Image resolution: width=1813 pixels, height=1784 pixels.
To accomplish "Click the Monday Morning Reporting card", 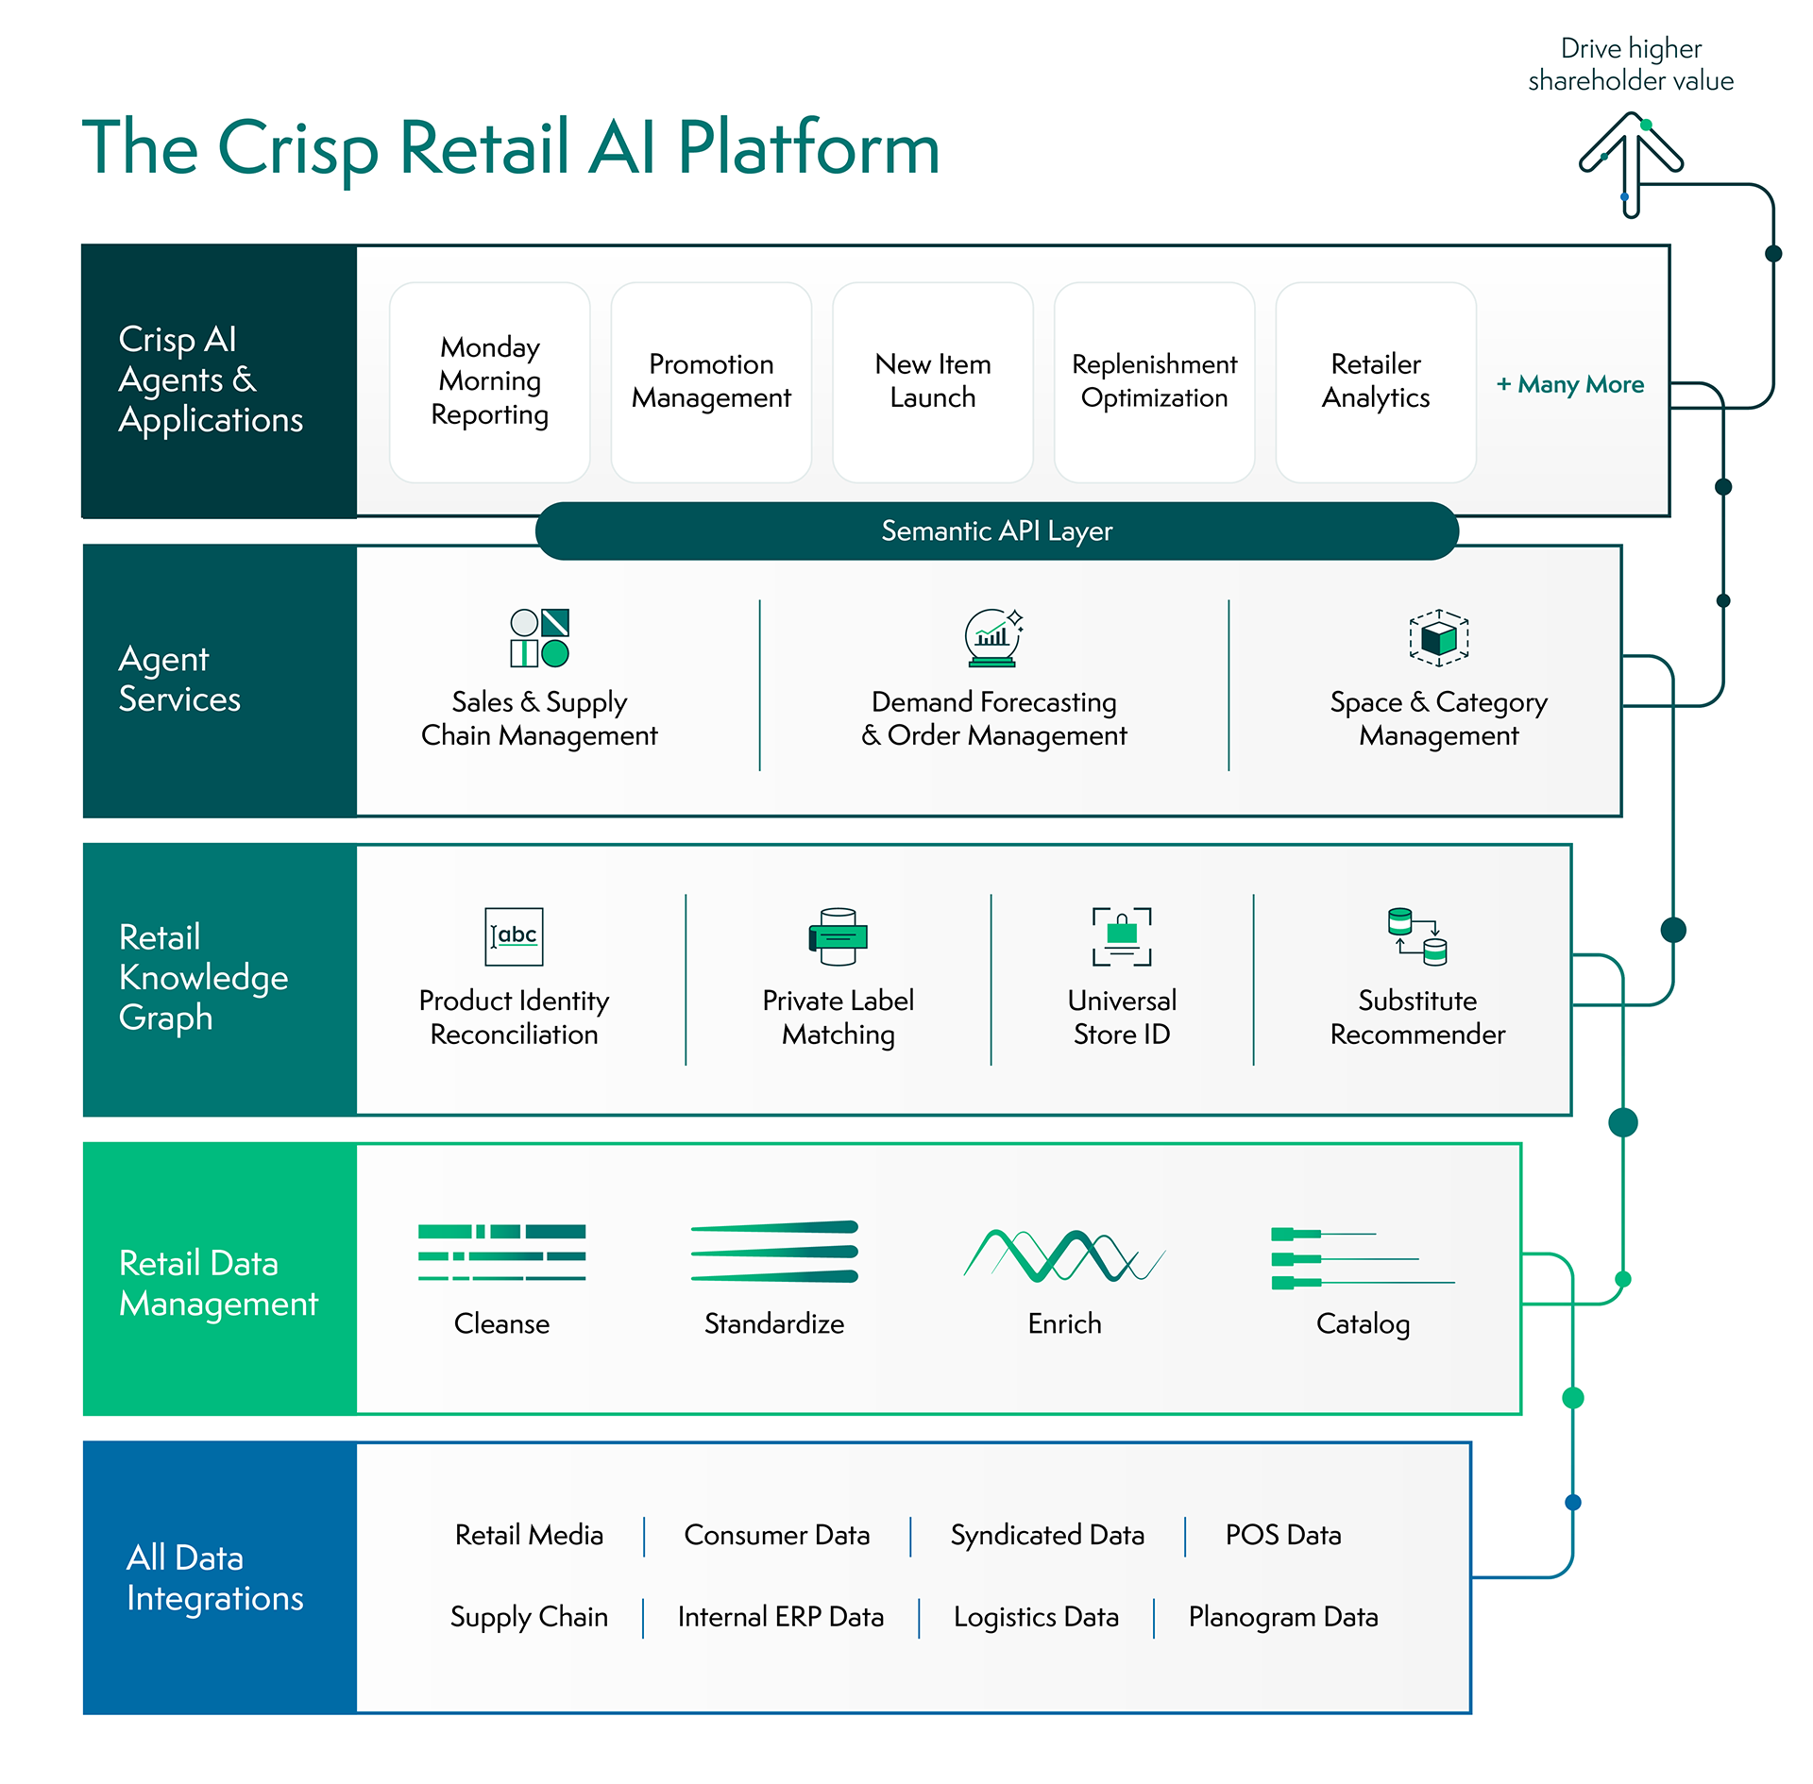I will (x=489, y=381).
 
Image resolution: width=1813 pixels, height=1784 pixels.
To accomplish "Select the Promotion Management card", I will (x=711, y=381).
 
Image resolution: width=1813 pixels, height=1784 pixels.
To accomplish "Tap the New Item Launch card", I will (x=933, y=381).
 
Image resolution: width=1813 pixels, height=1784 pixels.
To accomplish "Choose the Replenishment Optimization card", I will (x=1154, y=381).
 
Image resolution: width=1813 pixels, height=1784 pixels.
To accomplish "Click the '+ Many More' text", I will (x=1569, y=384).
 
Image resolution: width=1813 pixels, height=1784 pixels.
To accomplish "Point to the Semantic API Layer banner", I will (x=996, y=531).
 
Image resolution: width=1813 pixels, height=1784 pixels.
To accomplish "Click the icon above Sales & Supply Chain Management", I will (x=539, y=638).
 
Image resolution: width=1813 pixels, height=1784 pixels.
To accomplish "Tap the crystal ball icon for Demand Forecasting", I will (x=992, y=638).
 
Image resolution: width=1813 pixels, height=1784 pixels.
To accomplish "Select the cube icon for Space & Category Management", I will (x=1438, y=638).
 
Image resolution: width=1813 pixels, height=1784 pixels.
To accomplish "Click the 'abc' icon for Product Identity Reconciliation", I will (x=514, y=936).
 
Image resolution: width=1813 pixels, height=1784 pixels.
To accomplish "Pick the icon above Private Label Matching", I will (x=838, y=936).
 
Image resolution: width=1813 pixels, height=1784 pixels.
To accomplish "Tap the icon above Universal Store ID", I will (x=1122, y=936).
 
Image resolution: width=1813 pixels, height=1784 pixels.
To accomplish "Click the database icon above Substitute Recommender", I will (x=1417, y=936).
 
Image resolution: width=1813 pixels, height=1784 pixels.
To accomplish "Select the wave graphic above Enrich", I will (x=1064, y=1256).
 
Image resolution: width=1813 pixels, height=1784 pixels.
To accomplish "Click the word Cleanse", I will (x=501, y=1323).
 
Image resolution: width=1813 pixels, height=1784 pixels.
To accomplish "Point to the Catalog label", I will (x=1363, y=1323).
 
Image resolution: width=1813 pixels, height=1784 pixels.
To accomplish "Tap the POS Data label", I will (x=1282, y=1535).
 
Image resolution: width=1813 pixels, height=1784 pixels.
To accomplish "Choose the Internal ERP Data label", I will (x=781, y=1617).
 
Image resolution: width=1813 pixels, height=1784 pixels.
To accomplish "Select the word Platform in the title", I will (x=808, y=148).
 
